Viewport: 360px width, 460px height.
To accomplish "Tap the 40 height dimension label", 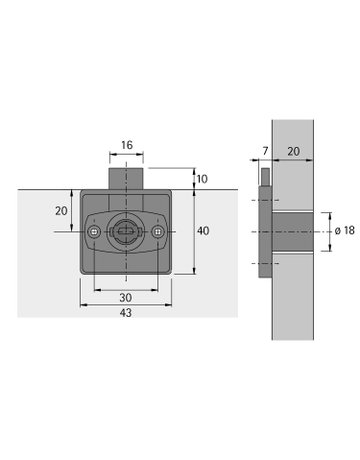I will click(x=203, y=231).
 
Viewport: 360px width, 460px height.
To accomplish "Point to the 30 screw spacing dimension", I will click(x=125, y=298).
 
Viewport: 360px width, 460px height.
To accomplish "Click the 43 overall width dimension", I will click(x=125, y=313).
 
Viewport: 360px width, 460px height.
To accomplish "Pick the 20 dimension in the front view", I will click(x=60, y=211).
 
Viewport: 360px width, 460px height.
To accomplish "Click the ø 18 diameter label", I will click(x=342, y=231).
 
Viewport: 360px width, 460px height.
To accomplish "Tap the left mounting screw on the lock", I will click(x=93, y=232).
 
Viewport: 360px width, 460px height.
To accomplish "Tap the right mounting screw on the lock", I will click(x=157, y=232).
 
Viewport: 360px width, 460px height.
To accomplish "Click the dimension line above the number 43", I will click(x=125, y=305).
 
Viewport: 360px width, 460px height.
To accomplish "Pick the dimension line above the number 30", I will click(x=125, y=290).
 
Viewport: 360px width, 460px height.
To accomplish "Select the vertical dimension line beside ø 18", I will click(x=328, y=231).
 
